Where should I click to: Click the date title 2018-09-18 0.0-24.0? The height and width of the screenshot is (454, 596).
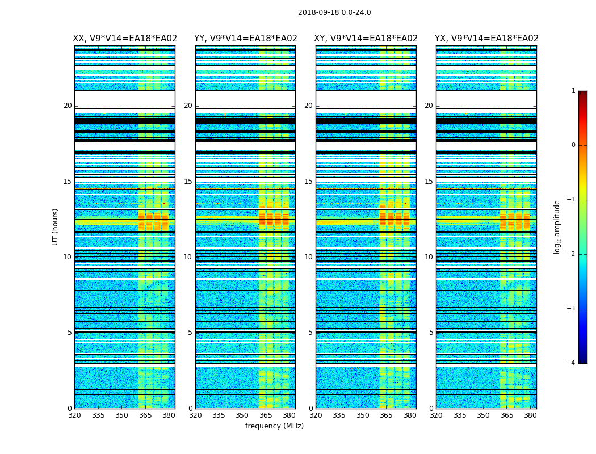pyautogui.click(x=334, y=12)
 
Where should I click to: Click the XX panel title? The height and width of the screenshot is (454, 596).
pyautogui.click(x=125, y=39)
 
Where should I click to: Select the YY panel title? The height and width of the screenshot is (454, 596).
pyautogui.click(x=245, y=39)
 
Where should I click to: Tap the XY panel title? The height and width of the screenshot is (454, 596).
pyautogui.click(x=366, y=39)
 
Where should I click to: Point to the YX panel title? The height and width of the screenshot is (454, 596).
pyautogui.click(x=486, y=39)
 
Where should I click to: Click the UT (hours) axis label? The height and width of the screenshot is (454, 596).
pyautogui.click(x=55, y=226)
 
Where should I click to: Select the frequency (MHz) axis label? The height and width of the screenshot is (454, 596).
pyautogui.click(x=274, y=426)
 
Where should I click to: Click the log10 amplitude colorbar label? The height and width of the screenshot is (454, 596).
pyautogui.click(x=557, y=226)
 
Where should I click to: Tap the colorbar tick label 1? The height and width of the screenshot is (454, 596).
pyautogui.click(x=573, y=91)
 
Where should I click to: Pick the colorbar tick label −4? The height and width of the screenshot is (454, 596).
pyautogui.click(x=572, y=363)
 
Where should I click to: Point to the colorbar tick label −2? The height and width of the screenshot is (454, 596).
pyautogui.click(x=572, y=254)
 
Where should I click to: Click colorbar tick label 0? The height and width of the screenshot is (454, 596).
pyautogui.click(x=573, y=145)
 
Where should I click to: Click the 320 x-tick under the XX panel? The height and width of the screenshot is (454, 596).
pyautogui.click(x=75, y=415)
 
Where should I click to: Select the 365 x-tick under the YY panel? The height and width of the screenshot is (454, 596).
pyautogui.click(x=266, y=415)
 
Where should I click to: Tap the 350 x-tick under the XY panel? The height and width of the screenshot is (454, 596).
pyautogui.click(x=363, y=415)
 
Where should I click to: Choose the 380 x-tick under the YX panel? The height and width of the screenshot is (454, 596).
pyautogui.click(x=530, y=415)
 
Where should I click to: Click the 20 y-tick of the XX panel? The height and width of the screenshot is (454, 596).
pyautogui.click(x=68, y=106)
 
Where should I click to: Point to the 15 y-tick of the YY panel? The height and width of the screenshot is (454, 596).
pyautogui.click(x=188, y=182)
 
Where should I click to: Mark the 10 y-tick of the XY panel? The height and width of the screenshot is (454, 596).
pyautogui.click(x=308, y=257)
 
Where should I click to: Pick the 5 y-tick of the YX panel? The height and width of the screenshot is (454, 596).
pyautogui.click(x=431, y=333)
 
